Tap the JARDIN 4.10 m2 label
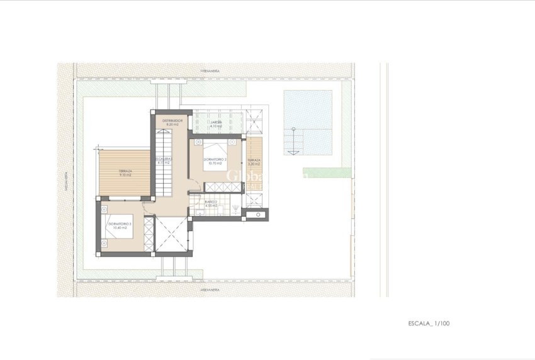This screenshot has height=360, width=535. pos(216,123)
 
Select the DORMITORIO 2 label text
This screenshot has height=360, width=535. pos(215,159)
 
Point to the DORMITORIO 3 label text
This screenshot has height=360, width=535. pos(120,224)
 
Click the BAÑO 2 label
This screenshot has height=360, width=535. pos(211,202)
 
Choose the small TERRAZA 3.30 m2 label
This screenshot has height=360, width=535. pos(254,161)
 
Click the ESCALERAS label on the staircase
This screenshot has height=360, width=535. pos(164,159)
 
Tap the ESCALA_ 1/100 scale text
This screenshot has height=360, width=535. pos(429,323)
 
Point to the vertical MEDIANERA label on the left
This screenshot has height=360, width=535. pos(65,181)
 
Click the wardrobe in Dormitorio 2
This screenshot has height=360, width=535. pos(223,187)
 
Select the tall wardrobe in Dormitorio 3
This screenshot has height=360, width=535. pos(149,233)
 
